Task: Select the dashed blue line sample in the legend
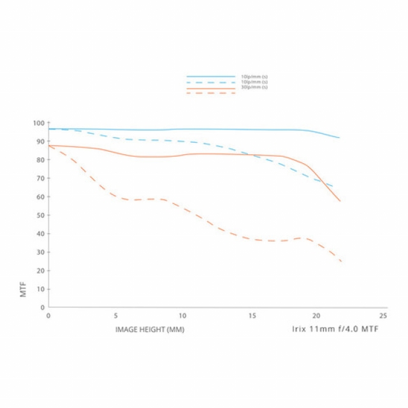(211, 82)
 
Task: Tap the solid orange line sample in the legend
(211, 88)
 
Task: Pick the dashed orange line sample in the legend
(211, 93)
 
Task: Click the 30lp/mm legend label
(254, 87)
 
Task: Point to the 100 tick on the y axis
(40, 123)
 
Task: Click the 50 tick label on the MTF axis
(41, 215)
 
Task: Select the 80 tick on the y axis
(41, 159)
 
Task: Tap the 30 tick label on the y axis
(41, 252)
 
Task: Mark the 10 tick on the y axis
(41, 289)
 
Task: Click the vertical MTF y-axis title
(24, 291)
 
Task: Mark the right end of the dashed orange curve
(341, 261)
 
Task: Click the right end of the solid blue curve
(339, 138)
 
